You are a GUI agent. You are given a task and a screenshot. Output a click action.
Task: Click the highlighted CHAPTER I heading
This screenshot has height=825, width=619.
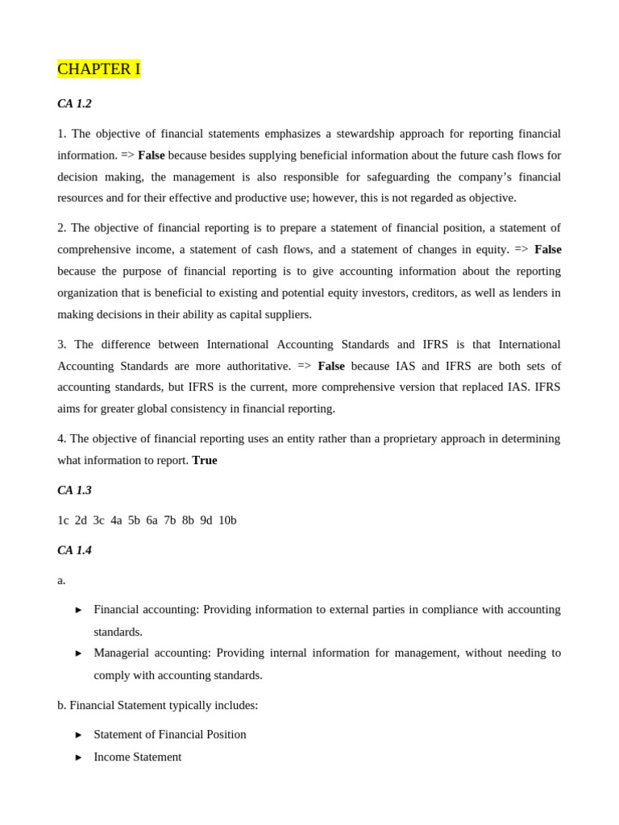[x=99, y=69]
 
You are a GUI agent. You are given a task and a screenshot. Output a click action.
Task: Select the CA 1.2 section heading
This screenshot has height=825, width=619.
[x=74, y=104]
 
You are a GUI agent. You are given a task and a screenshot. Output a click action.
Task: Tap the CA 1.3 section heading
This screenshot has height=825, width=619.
[x=74, y=490]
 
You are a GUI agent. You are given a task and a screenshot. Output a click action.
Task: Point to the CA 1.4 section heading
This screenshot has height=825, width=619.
[x=74, y=550]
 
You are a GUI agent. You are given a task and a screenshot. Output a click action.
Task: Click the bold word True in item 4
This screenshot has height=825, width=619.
[x=205, y=460]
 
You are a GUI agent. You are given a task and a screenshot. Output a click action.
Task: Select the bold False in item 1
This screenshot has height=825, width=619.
[x=152, y=155]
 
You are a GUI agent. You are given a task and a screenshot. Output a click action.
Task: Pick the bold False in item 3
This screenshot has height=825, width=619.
[x=331, y=366]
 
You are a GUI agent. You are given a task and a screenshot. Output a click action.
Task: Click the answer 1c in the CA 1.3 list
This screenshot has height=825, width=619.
[x=63, y=520]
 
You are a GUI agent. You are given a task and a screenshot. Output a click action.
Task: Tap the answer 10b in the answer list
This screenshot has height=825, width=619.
[x=227, y=520]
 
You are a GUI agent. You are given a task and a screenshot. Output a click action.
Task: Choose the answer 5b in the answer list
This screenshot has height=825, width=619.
[x=134, y=520]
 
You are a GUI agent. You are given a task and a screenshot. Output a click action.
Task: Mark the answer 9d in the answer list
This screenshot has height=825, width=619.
[x=206, y=520]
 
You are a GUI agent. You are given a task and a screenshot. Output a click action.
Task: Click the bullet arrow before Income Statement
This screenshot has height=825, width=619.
[x=79, y=757]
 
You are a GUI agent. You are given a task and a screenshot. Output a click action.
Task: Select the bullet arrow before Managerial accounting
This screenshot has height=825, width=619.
[x=79, y=653]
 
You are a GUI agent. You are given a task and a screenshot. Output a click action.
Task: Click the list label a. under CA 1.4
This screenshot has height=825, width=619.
[x=61, y=580]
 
